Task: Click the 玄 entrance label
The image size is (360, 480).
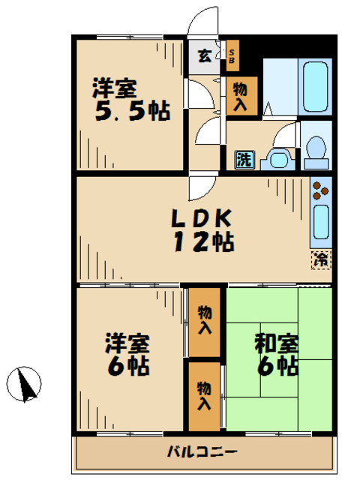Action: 203,55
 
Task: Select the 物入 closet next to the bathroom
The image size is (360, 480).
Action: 241,94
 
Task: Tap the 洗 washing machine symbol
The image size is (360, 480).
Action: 244,159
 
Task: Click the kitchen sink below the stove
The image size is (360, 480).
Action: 321,221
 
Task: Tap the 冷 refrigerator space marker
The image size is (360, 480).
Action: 321,260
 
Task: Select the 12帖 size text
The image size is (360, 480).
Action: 202,242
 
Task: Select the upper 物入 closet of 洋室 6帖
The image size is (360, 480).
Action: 204,321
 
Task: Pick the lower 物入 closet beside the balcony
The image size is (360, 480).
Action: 204,395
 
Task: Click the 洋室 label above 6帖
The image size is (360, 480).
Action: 127,343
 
